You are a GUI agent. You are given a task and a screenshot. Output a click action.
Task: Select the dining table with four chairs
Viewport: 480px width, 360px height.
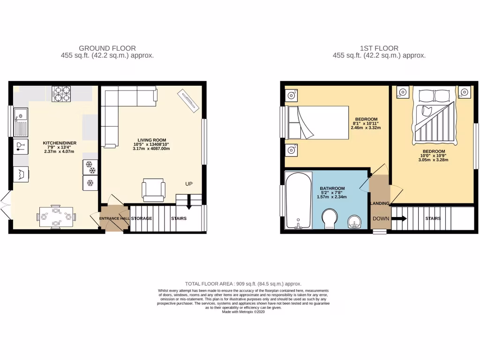click(56, 217)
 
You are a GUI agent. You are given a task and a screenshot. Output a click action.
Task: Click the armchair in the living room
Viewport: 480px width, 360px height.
click(153, 189)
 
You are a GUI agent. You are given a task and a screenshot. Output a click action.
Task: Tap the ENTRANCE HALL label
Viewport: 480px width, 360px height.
click(114, 218)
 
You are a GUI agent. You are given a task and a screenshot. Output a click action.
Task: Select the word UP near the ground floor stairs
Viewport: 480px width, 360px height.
click(189, 183)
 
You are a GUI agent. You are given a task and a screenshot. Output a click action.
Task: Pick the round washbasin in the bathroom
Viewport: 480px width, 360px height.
click(355, 221)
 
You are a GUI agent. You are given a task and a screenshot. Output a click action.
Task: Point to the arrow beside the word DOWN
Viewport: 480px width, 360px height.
click(399, 218)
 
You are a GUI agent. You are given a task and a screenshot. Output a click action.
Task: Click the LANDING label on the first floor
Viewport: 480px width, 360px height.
click(380, 203)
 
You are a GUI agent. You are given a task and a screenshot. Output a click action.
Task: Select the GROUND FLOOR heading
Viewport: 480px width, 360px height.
click(107, 48)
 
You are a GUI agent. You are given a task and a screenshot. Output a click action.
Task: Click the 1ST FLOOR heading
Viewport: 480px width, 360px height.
click(379, 48)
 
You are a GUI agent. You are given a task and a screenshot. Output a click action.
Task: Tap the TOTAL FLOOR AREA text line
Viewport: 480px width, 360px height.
click(243, 284)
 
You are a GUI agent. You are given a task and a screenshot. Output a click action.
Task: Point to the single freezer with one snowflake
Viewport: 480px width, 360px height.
click(90, 182)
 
